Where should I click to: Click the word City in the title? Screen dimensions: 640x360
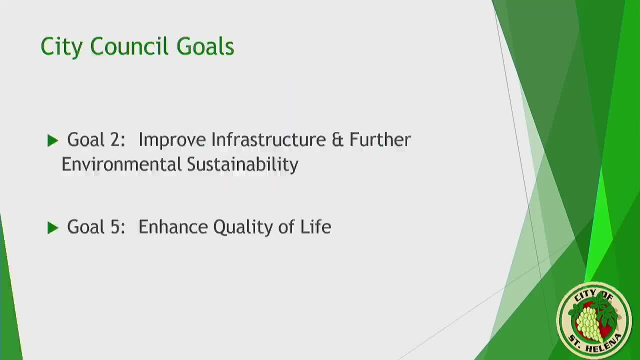coord(61,47)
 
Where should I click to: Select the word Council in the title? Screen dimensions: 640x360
coord(129,46)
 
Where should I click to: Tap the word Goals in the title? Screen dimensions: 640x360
coord(205,46)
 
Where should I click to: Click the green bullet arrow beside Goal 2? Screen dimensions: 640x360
coord(52,140)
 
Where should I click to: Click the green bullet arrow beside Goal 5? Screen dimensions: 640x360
coord(52,228)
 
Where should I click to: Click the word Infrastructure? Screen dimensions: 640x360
coord(268,139)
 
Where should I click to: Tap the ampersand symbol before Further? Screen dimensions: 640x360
coord(337,139)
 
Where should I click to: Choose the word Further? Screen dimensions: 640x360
coord(380,139)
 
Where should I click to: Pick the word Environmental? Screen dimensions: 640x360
coord(121,164)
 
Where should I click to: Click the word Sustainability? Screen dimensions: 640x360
coord(242,165)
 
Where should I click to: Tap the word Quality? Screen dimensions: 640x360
coord(243,227)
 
